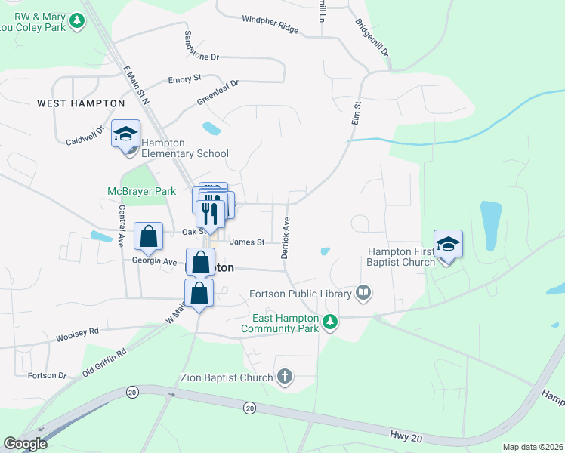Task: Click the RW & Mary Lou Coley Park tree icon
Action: pyautogui.click(x=76, y=21)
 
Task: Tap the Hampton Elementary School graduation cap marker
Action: pyautogui.click(x=125, y=134)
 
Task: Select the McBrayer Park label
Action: pyautogui.click(x=140, y=191)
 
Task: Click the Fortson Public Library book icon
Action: pyautogui.click(x=363, y=293)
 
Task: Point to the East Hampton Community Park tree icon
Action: pyautogui.click(x=329, y=322)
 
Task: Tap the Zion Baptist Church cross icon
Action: pyautogui.click(x=285, y=377)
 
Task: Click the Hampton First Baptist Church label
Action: pyautogui.click(x=401, y=257)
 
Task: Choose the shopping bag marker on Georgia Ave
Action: pyautogui.click(x=149, y=236)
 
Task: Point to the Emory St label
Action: pyautogui.click(x=184, y=79)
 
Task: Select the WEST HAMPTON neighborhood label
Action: pyautogui.click(x=81, y=103)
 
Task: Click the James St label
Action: pyautogui.click(x=247, y=242)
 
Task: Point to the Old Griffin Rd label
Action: pyautogui.click(x=104, y=362)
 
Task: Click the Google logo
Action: pyautogui.click(x=25, y=444)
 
